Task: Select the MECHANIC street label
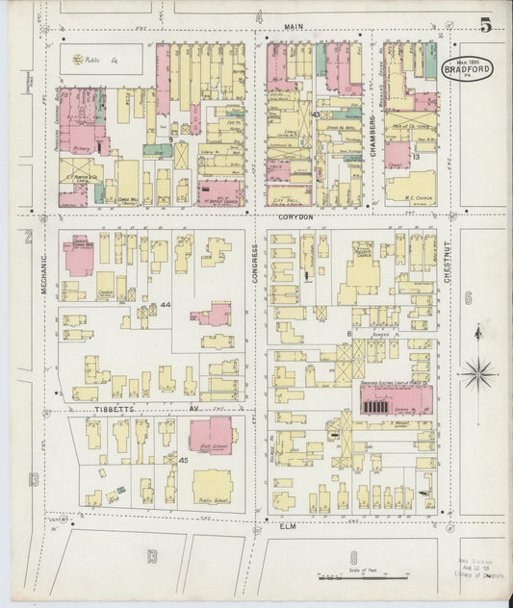coord(43,271)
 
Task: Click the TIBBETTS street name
coord(114,408)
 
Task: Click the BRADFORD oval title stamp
coord(467,68)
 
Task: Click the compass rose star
coord(478,371)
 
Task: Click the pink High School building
coord(211,436)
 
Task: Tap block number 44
coord(166,305)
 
